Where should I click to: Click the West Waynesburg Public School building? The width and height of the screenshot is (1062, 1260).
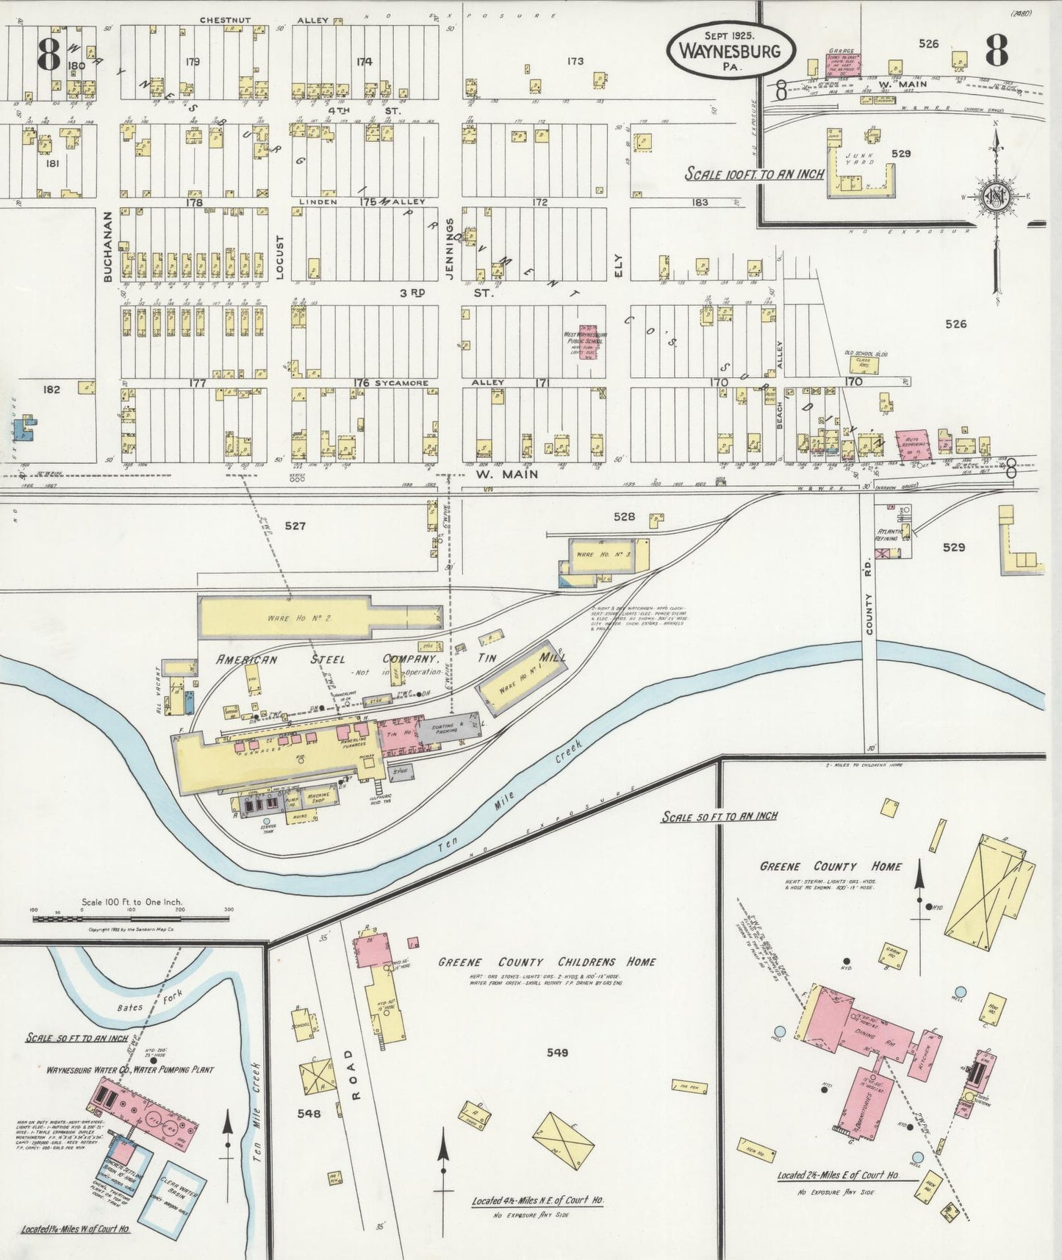point(586,341)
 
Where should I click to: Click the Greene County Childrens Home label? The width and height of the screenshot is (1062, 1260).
point(547,962)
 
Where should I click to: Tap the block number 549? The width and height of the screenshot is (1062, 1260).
point(557,1053)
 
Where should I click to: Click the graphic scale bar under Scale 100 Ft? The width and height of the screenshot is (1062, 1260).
point(131,917)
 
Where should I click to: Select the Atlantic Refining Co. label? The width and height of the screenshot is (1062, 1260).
point(892,534)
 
